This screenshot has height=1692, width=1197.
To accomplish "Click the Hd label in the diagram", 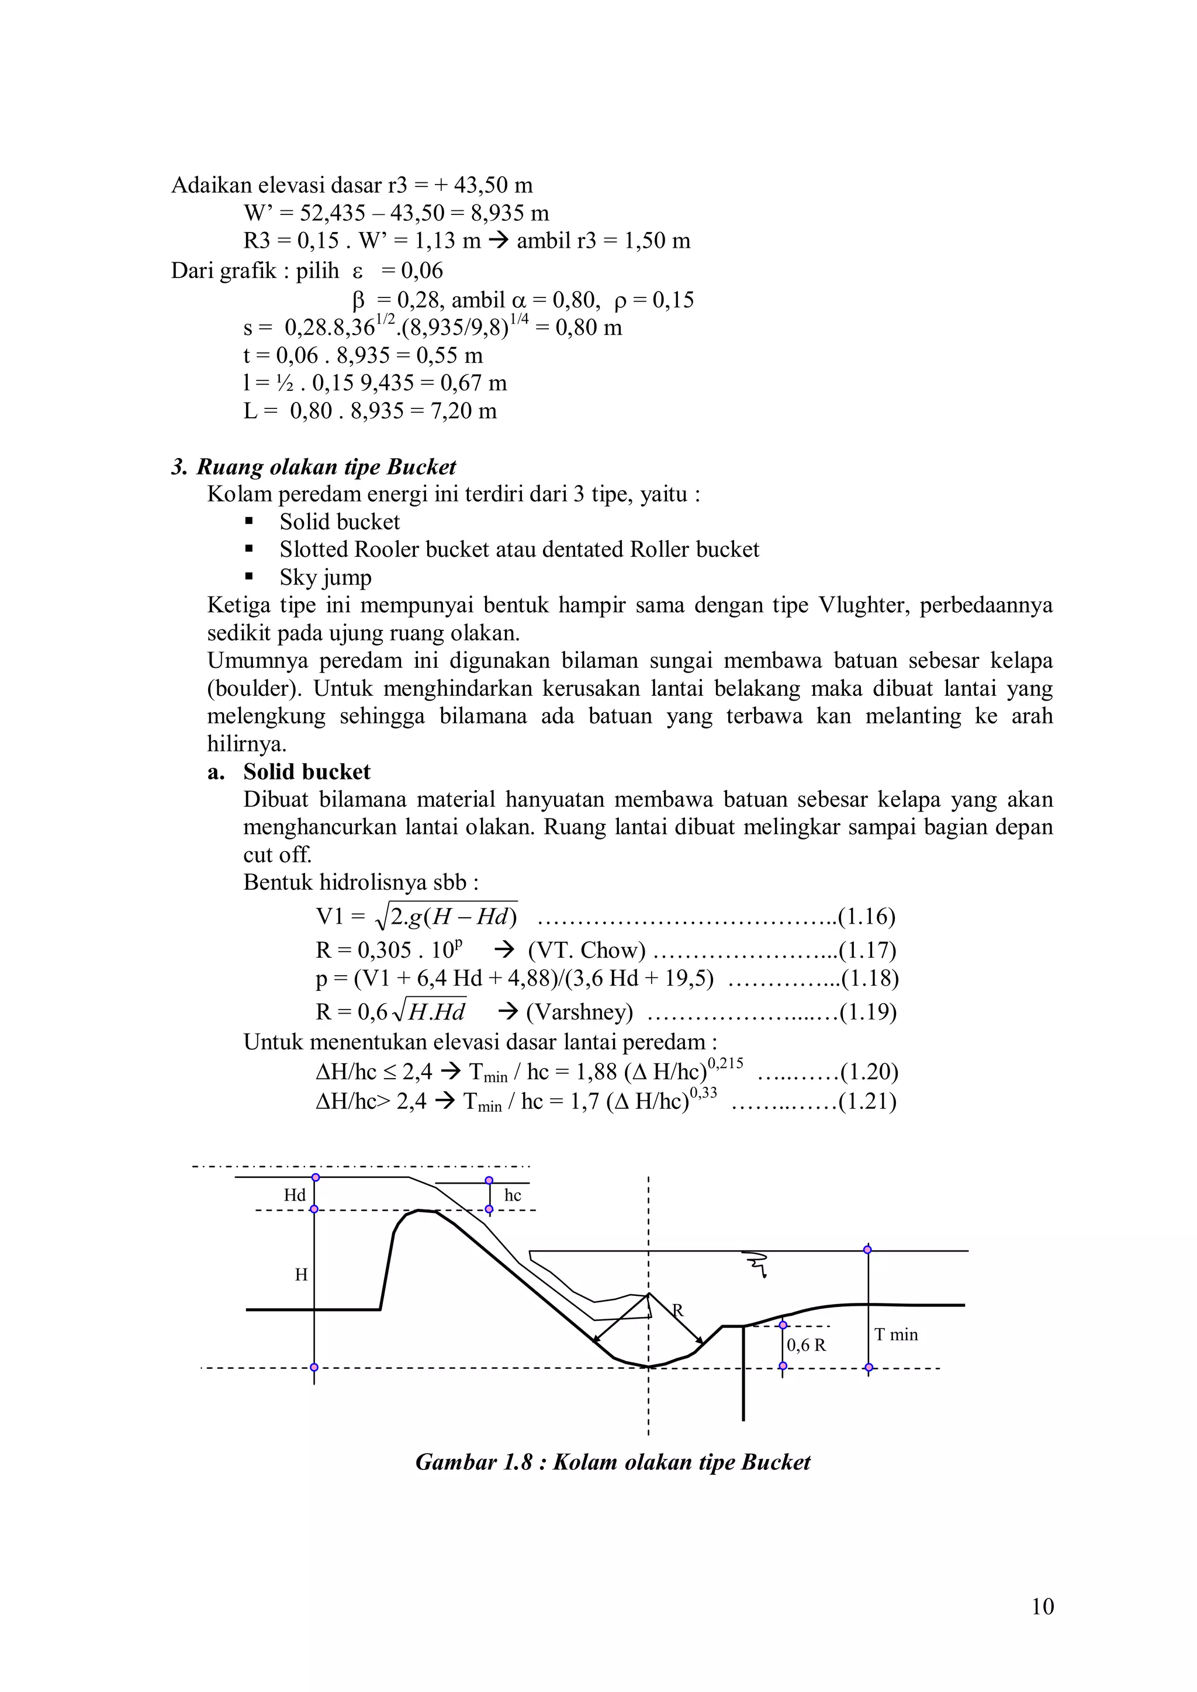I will tap(294, 1195).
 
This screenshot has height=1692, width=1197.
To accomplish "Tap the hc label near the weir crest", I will tap(512, 1195).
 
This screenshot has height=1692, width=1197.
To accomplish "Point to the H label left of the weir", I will tap(301, 1274).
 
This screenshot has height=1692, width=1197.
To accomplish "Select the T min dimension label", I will tap(895, 1334).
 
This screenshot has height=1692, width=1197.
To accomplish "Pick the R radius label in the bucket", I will tap(677, 1310).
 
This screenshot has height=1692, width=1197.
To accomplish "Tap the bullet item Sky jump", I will tap(325, 578).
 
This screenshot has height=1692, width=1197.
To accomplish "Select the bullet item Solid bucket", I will tap(339, 522).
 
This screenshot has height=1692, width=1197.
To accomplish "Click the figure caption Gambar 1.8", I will tap(613, 1462).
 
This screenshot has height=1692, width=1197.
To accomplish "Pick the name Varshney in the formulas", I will tap(579, 1012).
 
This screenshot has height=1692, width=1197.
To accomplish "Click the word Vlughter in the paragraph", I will tap(862, 606).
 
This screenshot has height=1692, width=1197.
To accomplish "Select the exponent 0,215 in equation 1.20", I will tap(725, 1063).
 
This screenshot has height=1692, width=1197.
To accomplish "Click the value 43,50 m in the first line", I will tap(492, 185).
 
